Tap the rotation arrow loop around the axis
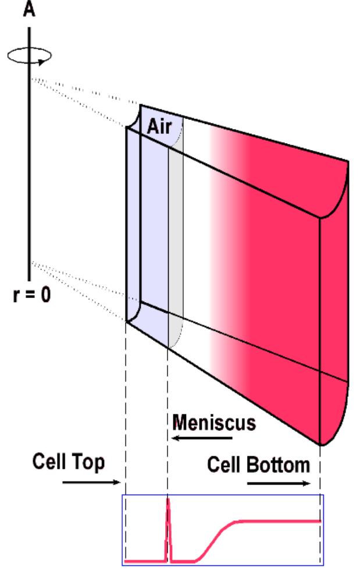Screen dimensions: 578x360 click(30, 55)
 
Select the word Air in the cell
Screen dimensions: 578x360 click(159, 126)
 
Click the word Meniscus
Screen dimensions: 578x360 click(213, 422)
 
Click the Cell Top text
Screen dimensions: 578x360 click(69, 462)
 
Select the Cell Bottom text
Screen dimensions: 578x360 click(258, 465)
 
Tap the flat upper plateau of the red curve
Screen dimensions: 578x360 click(279, 521)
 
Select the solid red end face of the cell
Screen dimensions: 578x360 click(335, 303)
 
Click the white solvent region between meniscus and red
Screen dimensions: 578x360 click(195, 244)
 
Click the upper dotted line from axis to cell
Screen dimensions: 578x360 click(81, 91)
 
